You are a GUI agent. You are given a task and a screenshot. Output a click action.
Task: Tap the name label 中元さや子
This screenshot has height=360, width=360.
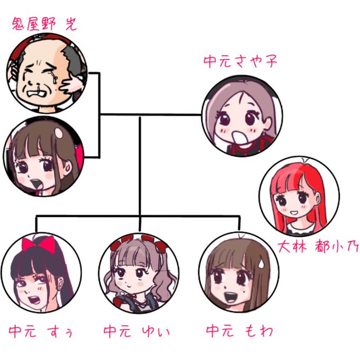240,61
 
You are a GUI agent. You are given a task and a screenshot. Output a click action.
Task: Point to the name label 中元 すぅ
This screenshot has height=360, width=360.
40,332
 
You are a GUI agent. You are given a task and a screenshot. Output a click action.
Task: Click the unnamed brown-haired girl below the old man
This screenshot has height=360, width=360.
43,158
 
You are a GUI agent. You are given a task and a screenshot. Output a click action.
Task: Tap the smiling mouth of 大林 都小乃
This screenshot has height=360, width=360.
294,213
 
